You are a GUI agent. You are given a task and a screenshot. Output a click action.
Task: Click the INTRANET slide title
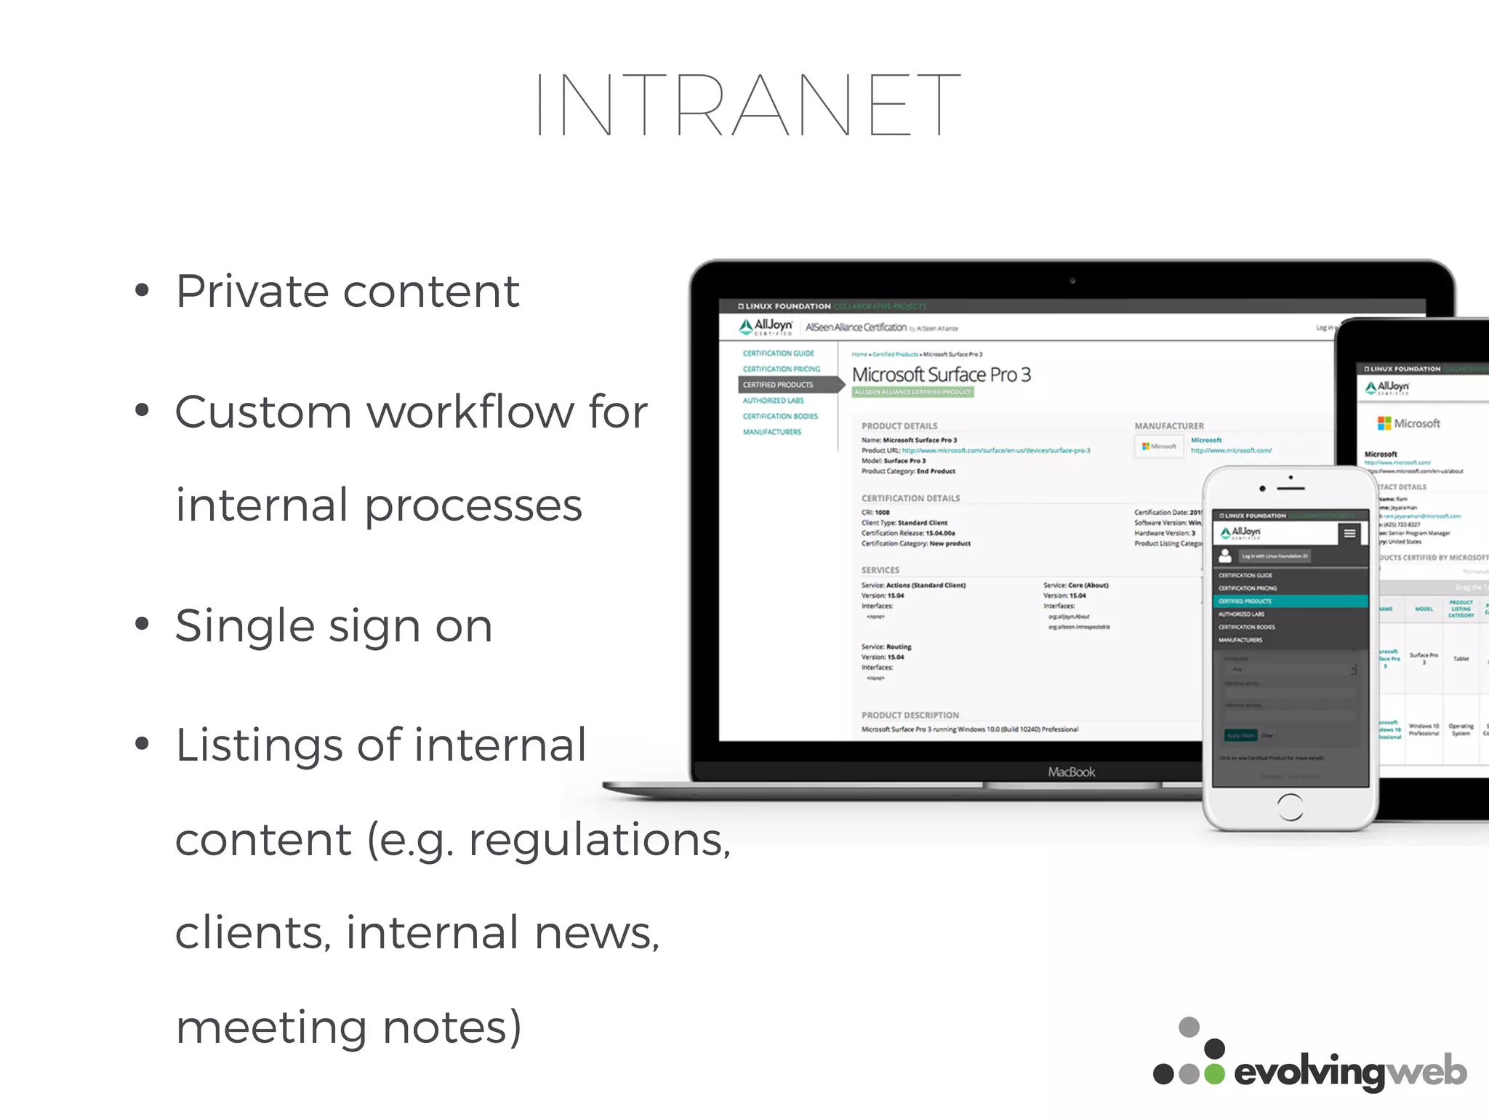coord(747,105)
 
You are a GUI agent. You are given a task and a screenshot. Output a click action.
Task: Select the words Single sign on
coord(334,625)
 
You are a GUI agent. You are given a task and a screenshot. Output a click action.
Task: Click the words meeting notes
coord(348,1027)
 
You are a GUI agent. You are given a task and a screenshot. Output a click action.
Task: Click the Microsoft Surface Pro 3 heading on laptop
coord(941,375)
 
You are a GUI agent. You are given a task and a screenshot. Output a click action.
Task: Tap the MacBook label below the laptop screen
coord(1071,772)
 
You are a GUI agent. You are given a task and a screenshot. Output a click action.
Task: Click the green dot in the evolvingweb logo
coord(1214,1074)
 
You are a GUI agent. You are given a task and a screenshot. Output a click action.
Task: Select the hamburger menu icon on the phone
coord(1349,534)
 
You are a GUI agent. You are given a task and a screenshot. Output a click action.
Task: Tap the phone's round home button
coord(1290,806)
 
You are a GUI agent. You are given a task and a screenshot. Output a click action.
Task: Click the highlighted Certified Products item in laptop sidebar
coord(778,385)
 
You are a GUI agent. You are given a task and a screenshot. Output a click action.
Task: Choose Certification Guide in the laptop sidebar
coord(778,353)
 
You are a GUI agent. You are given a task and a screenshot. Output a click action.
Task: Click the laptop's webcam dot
coord(1072,281)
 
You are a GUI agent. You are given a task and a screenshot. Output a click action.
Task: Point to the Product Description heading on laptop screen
coord(910,715)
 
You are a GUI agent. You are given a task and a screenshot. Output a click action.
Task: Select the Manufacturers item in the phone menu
coord(1240,640)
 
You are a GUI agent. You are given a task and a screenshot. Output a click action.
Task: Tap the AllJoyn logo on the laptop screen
coord(766,327)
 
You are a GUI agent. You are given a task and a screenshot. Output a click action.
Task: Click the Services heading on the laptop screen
coord(880,570)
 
